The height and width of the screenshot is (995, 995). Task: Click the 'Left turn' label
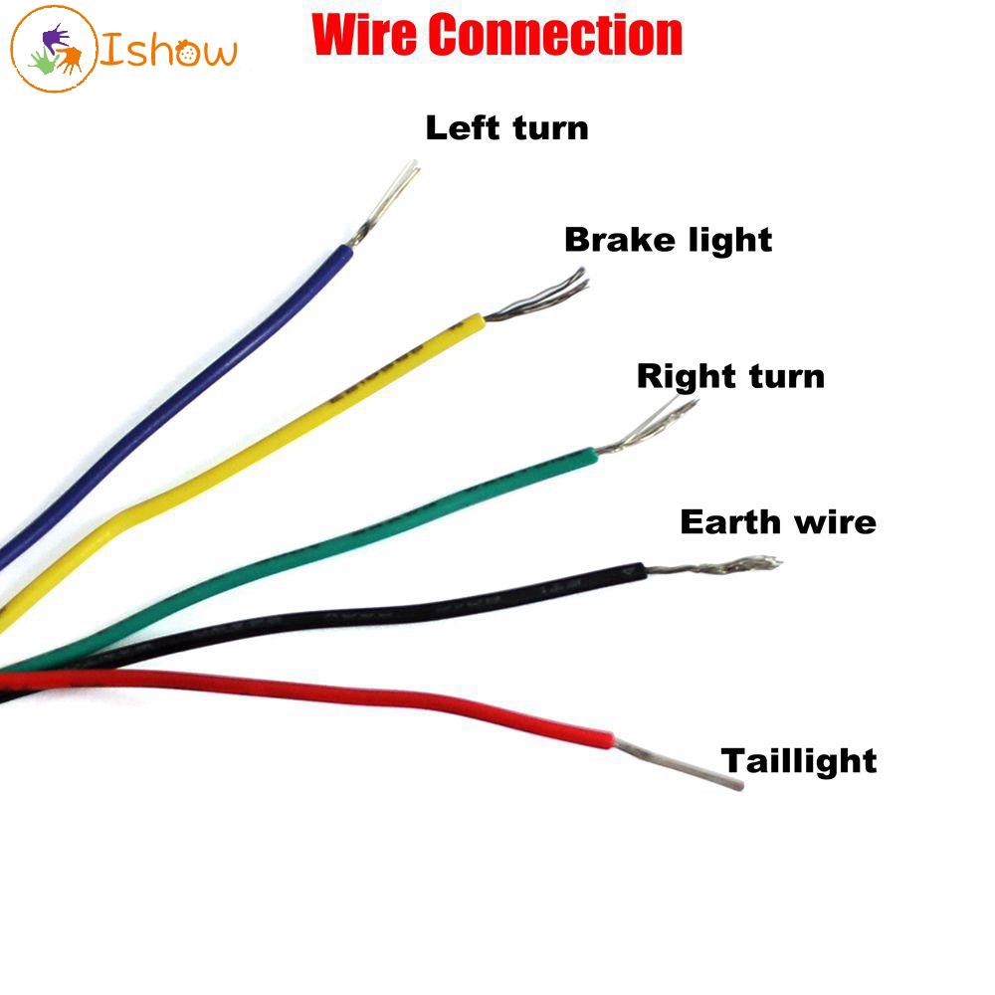point(506,128)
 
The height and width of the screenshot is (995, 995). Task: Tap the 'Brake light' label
point(668,240)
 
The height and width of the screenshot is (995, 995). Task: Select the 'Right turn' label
point(730,376)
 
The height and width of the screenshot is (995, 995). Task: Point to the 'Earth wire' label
point(778,521)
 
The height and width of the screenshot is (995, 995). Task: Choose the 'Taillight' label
point(799,761)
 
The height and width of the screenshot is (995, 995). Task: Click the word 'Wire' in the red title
point(367,36)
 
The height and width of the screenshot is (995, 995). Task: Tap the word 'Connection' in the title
point(558,36)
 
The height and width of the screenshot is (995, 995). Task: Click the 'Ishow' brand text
point(169,50)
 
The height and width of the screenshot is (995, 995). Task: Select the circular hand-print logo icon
point(54,50)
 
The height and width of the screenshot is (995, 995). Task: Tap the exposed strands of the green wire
point(647,427)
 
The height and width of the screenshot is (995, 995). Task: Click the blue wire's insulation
point(199,398)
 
